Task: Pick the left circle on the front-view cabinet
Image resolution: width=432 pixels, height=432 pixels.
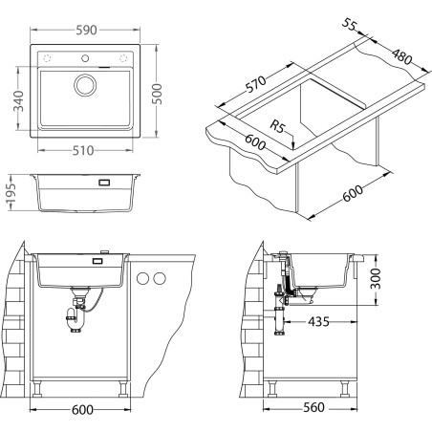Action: pos(143,278)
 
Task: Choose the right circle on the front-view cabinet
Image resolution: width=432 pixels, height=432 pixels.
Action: pos(160,278)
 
